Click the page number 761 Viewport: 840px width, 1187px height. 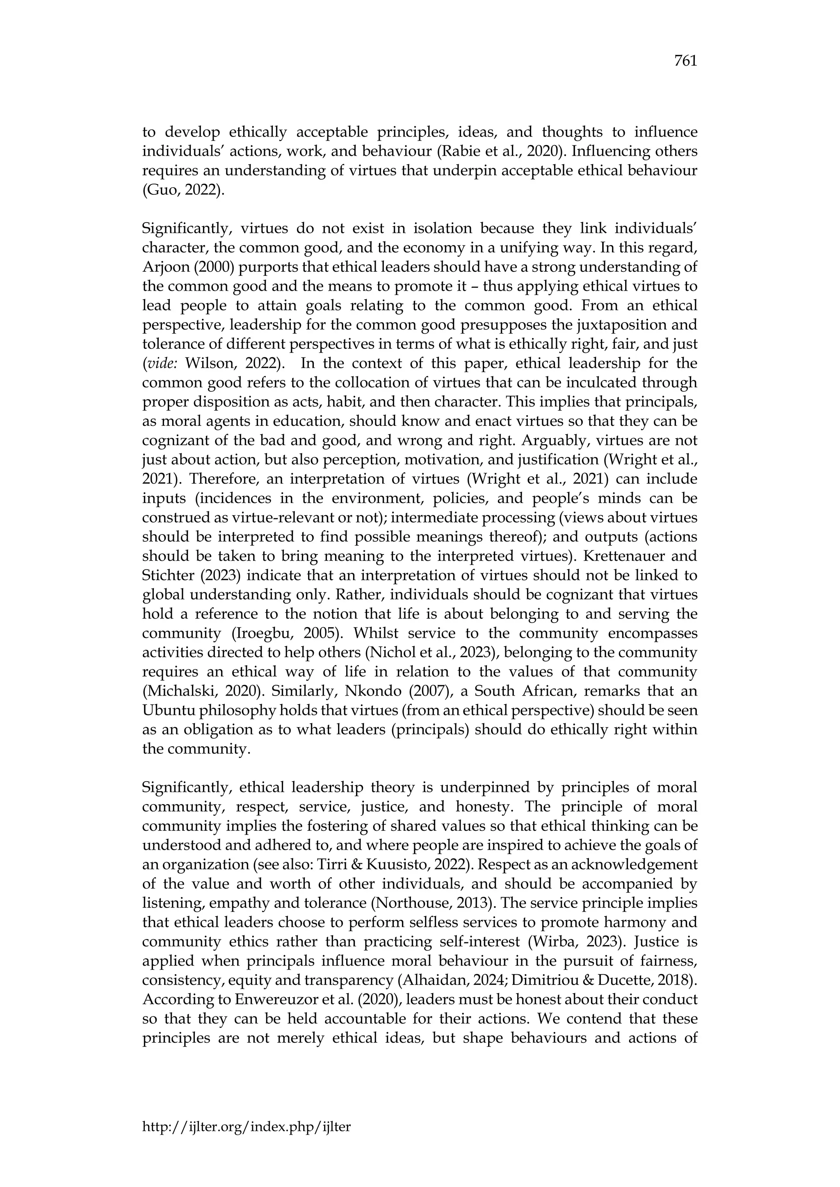685,61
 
